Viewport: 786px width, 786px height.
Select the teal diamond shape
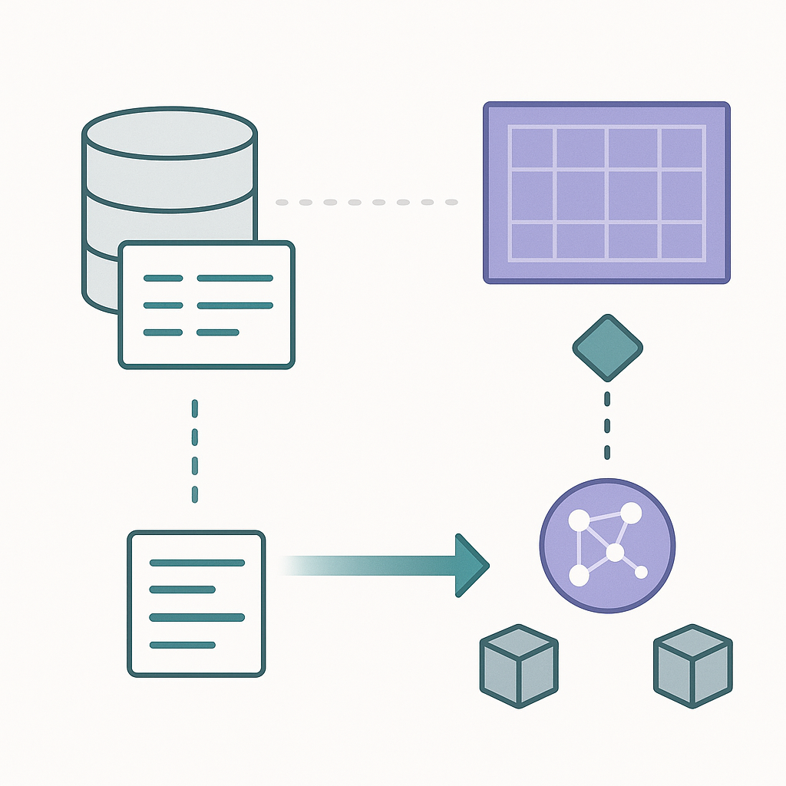pyautogui.click(x=607, y=348)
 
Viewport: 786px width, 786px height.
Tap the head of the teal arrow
pyautogui.click(x=470, y=565)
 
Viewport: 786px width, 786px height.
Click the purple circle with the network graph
pyautogui.click(x=607, y=547)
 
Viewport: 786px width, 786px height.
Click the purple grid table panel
pyautogui.click(x=606, y=193)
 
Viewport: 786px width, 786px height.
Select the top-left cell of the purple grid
pyautogui.click(x=531, y=147)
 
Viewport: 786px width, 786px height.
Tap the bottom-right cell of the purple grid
pyautogui.click(x=682, y=240)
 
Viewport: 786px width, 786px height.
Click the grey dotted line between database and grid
pyautogui.click(x=366, y=203)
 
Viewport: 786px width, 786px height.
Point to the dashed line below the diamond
pyautogui.click(x=607, y=425)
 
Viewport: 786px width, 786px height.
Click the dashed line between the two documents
pyautogui.click(x=195, y=451)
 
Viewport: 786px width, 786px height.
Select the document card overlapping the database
pyautogui.click(x=206, y=305)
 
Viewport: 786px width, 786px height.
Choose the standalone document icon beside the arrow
pyautogui.click(x=196, y=603)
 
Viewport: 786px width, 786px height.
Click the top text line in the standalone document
pyautogui.click(x=196, y=563)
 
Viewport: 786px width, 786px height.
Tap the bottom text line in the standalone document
pyautogui.click(x=182, y=645)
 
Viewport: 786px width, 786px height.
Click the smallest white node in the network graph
pyautogui.click(x=641, y=572)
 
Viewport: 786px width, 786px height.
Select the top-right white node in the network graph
pyautogui.click(x=630, y=512)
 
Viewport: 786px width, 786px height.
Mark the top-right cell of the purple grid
pyautogui.click(x=682, y=147)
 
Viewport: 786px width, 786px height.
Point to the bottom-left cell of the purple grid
pyautogui.click(x=531, y=240)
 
